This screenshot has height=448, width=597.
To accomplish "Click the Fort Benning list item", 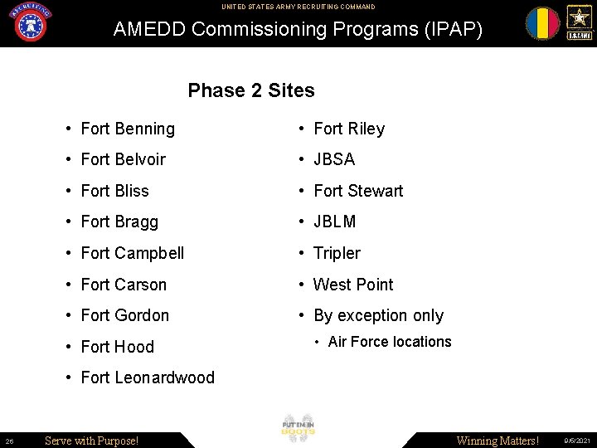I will (x=128, y=129).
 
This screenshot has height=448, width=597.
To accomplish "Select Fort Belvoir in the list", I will (x=123, y=159).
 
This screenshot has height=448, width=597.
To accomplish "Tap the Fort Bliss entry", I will (x=114, y=191).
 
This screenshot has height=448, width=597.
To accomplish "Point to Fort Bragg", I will (x=119, y=222).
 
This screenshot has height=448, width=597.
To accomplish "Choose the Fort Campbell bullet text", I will (x=133, y=253).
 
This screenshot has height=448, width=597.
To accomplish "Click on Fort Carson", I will (x=124, y=285).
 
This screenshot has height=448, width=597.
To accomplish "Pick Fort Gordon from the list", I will (x=124, y=315).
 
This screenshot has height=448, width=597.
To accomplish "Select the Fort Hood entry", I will (x=117, y=347).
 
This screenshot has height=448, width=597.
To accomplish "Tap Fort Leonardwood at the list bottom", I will (x=148, y=377).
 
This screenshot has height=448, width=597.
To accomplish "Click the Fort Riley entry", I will (x=349, y=129).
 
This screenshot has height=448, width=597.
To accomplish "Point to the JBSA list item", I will (x=334, y=159).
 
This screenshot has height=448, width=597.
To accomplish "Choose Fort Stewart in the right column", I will (x=358, y=191).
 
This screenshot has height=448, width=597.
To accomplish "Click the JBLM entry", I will (x=335, y=222).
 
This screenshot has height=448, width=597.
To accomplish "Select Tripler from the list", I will (x=337, y=253).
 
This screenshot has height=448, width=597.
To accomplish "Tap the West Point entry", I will (x=353, y=285).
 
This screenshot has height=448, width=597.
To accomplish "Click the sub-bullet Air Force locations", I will (x=390, y=342).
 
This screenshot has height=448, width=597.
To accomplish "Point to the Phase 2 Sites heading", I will (x=251, y=90).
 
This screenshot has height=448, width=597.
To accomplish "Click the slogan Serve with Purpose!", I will (x=91, y=441).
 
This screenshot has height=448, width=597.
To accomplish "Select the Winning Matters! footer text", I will (x=498, y=441).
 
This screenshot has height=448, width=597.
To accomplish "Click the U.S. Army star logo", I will (x=579, y=22).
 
